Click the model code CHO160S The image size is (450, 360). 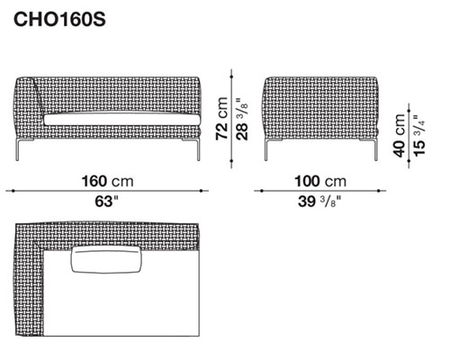59,20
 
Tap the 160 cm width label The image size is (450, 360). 107,181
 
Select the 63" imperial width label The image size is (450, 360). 107,201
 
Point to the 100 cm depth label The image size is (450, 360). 320,181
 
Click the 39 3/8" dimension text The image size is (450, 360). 319,201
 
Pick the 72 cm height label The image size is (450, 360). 222,119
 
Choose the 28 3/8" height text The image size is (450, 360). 242,119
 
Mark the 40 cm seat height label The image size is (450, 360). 400,136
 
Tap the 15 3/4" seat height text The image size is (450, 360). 419,136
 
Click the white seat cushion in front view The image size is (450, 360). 121,120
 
